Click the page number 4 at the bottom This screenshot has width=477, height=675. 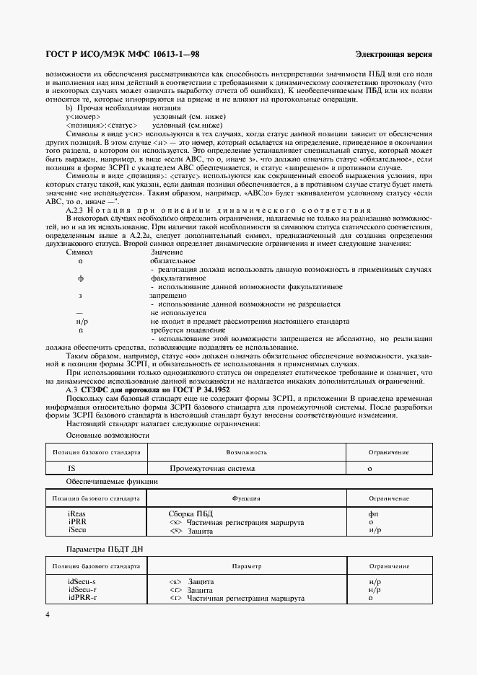[48, 614]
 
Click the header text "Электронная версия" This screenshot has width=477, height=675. [394, 55]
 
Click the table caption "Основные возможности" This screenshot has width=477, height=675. [108, 436]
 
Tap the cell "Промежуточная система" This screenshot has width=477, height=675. [212, 468]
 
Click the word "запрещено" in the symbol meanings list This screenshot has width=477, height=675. [169, 295]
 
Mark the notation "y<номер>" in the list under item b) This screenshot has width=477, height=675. [83, 116]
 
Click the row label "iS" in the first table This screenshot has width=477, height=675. [71, 468]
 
